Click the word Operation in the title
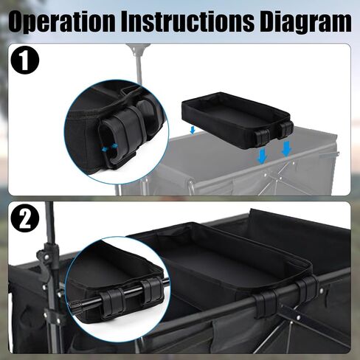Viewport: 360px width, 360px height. tap(61, 21)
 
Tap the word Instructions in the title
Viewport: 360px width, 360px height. tap(187, 21)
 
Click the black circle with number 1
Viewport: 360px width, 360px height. tap(25, 60)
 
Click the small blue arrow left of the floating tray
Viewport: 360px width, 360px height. tap(193, 131)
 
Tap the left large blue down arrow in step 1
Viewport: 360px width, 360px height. tap(262, 156)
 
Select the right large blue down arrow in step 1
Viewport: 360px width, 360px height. tap(287, 149)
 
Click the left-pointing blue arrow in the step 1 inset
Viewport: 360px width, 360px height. tap(105, 148)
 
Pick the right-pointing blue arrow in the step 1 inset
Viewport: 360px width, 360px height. tap(114, 146)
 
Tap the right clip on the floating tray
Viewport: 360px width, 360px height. tap(285, 128)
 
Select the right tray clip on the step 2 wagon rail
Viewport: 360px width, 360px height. tap(308, 285)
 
